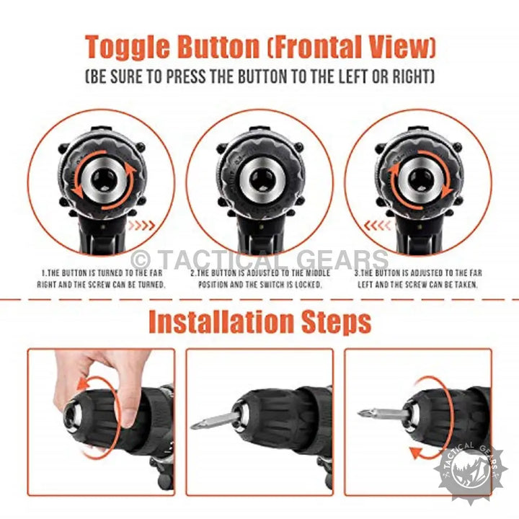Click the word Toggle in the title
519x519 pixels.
tap(128, 48)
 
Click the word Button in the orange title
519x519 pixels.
tap(218, 47)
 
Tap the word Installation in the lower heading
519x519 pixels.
tap(221, 321)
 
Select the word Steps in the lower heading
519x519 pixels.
tap(337, 322)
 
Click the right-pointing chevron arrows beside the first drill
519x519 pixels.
tap(142, 226)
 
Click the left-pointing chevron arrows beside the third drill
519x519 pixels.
tap(378, 226)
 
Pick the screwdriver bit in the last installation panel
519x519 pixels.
tap(383, 413)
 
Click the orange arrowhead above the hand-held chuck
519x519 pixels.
tap(83, 385)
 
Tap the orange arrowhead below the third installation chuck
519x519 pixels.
tap(416, 453)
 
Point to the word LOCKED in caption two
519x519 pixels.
tap(309, 285)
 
